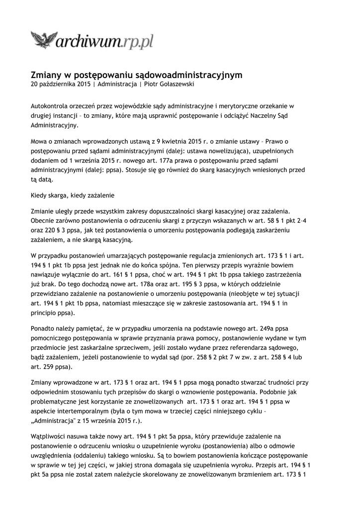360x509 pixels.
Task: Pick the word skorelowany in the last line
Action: tap(188, 474)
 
